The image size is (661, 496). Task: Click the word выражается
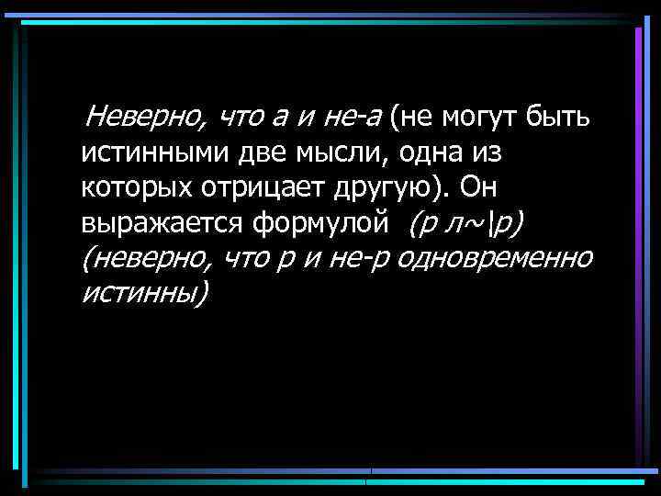point(162,224)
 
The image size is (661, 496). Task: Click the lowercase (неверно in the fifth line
point(146,258)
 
